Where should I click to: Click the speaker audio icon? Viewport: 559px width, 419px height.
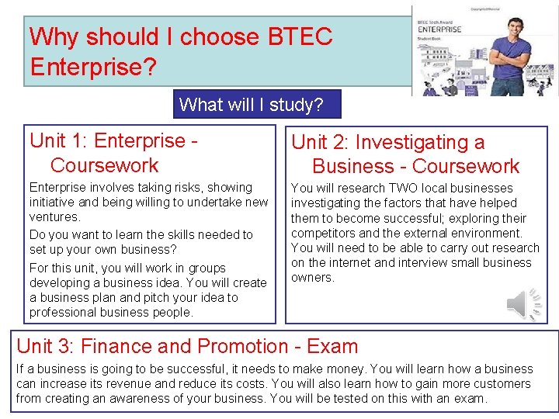[x=526, y=303]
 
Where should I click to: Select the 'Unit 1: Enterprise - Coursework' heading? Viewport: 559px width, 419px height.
[x=113, y=153]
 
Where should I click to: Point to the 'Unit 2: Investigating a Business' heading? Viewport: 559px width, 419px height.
[x=404, y=154]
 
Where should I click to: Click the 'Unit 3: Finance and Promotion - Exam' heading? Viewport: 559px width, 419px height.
[x=187, y=346]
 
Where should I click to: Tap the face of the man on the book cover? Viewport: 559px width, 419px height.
[x=509, y=27]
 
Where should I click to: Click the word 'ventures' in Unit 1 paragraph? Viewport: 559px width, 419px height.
[x=54, y=217]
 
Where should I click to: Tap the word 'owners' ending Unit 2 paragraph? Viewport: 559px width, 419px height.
[x=312, y=278]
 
